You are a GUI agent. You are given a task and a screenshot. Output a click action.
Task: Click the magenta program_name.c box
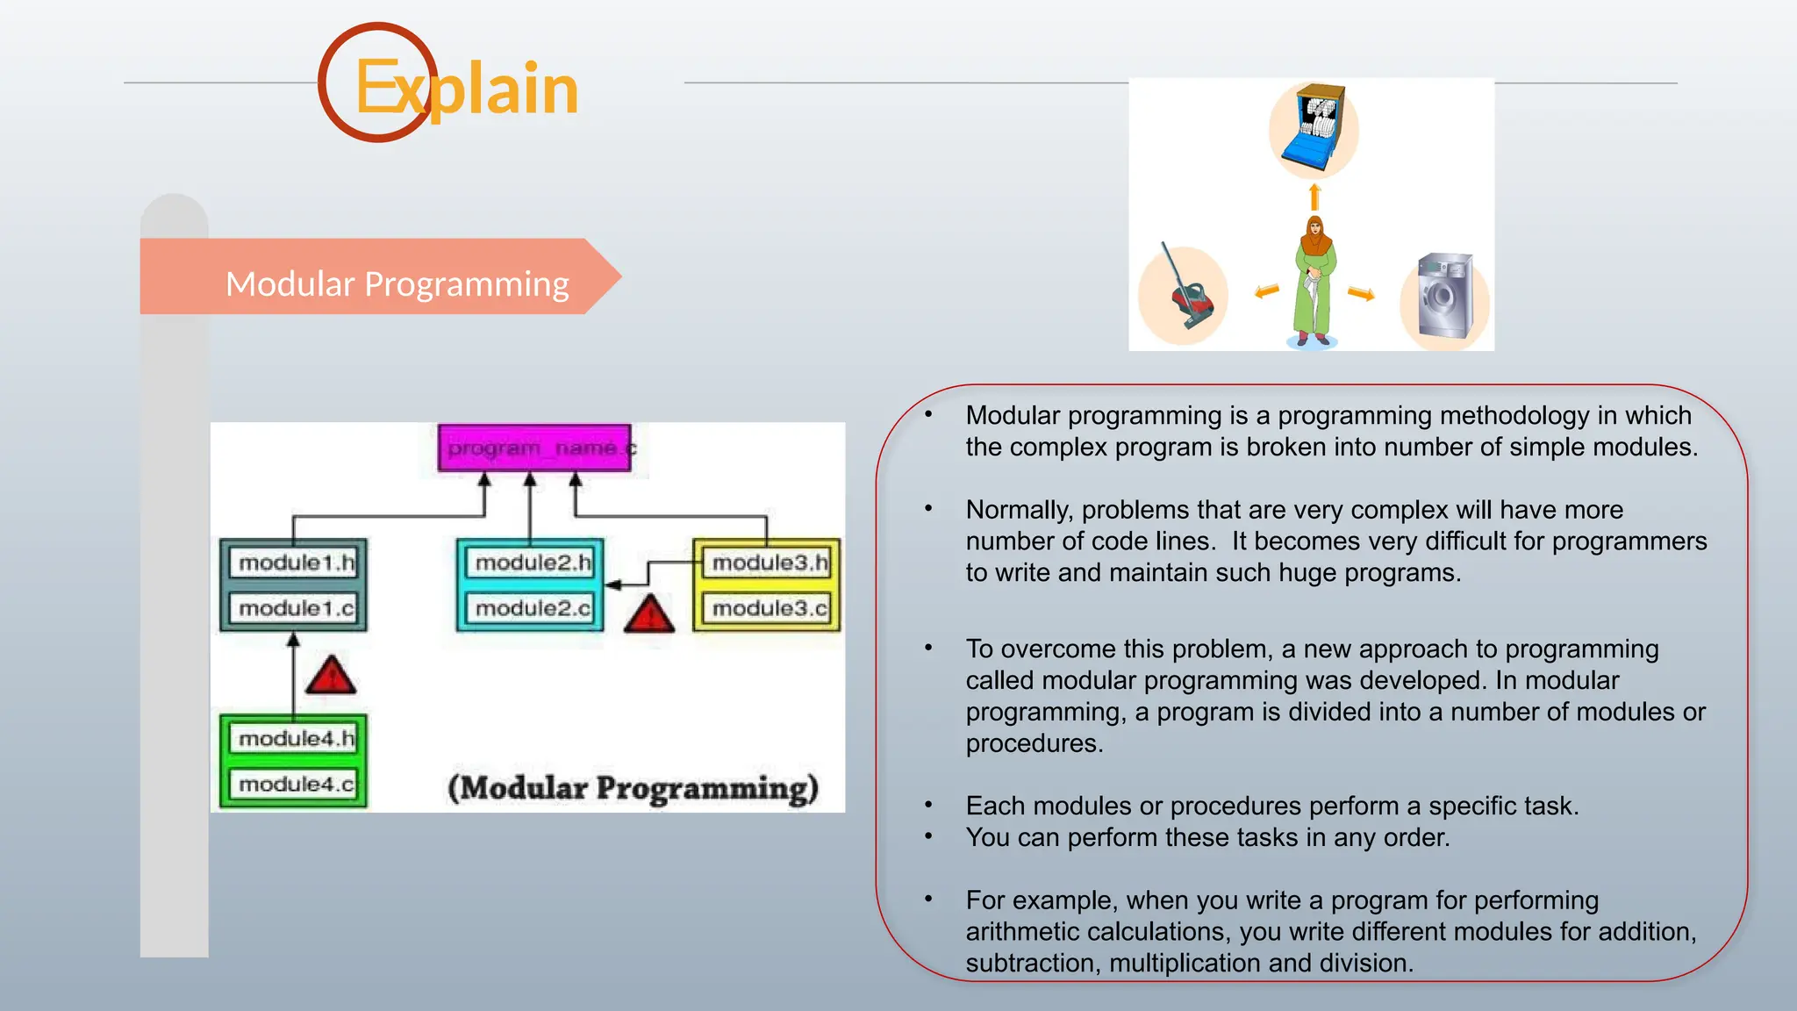pos(534,448)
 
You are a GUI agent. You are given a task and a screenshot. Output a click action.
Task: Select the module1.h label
pos(296,563)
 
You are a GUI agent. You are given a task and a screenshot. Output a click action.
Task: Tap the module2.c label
pos(532,608)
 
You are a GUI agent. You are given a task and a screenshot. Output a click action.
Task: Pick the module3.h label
pos(769,563)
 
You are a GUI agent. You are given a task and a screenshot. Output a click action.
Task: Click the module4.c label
pos(296,784)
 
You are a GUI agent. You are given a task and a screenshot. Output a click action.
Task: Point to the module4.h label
pos(296,739)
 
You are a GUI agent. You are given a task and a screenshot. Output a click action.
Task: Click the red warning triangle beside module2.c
pos(649,615)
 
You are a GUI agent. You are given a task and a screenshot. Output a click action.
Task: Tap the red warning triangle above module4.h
pos(331,677)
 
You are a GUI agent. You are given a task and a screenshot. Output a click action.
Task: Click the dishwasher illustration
pos(1314,129)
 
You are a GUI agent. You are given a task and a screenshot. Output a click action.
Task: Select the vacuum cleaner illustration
pos(1185,290)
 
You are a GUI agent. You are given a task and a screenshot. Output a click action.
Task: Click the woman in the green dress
pos(1314,281)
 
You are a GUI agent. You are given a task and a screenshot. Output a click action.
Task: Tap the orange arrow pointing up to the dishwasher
pos(1314,197)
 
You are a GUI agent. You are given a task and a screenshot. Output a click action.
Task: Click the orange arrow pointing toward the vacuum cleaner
pos(1266,291)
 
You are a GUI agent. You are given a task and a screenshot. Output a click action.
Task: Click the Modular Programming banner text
pos(397,284)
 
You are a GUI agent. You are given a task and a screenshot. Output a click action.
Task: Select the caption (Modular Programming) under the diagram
pos(633,787)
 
